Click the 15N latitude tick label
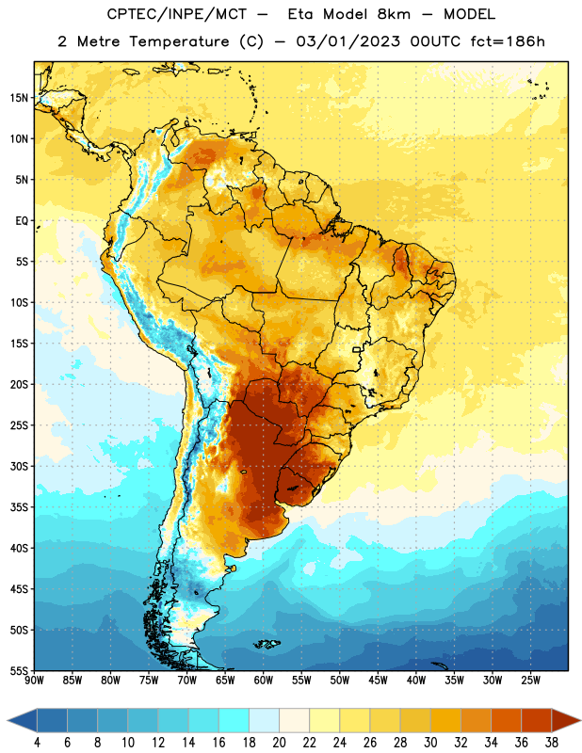(19, 98)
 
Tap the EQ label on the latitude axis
(22, 221)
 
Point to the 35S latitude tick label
(19, 507)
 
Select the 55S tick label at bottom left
(19, 670)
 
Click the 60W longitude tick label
(264, 681)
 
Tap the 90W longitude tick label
(34, 681)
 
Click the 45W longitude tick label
(378, 681)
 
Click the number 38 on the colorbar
(551, 743)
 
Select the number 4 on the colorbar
(37, 743)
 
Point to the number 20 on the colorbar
(279, 743)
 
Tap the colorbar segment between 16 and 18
(234, 721)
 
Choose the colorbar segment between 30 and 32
(445, 721)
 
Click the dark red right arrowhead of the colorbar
(564, 721)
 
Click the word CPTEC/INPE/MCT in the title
(176, 14)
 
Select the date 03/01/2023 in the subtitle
(348, 41)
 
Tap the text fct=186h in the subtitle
(508, 41)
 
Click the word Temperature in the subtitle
(179, 41)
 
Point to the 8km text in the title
(394, 14)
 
